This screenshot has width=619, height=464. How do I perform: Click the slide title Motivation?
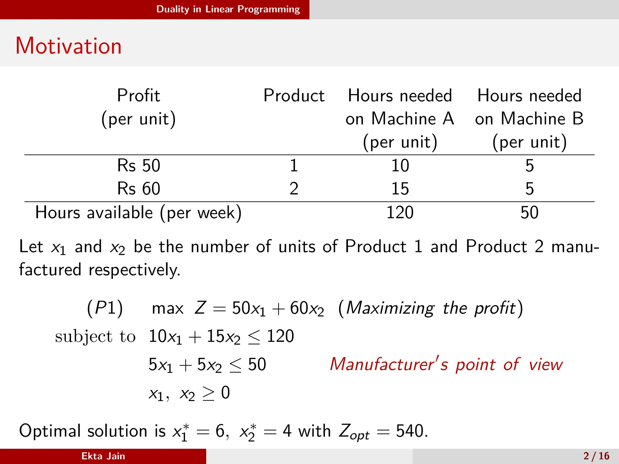coord(69,46)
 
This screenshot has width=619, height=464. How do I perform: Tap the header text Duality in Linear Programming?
coord(228,9)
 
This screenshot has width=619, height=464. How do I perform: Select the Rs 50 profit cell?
coord(138,166)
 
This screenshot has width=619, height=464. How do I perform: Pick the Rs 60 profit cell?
coord(138,189)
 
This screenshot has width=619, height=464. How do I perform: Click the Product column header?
coord(294,96)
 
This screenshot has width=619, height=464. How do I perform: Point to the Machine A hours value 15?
coord(400,189)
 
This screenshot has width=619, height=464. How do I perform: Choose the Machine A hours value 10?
coord(400,166)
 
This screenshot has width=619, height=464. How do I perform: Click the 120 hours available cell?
coord(400,212)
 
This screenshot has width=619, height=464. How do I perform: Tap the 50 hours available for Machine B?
coord(529,212)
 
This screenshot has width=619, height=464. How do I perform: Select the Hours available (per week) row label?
coord(138,212)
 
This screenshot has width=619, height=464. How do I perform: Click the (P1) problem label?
coord(105,308)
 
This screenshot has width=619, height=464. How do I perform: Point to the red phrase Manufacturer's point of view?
coord(446,364)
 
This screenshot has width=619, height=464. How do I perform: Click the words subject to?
coord(95,336)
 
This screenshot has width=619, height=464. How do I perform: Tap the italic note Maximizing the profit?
coord(431,308)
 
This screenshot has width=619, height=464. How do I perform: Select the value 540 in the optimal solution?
coord(410,431)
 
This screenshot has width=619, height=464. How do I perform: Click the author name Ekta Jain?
coord(103,456)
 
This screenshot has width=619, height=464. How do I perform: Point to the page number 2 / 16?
coord(596,456)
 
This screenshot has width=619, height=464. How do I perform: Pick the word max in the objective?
coord(168,309)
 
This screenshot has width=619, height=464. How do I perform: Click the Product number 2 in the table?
coord(294,189)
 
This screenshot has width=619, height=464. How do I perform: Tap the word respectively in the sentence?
coord(134,270)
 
